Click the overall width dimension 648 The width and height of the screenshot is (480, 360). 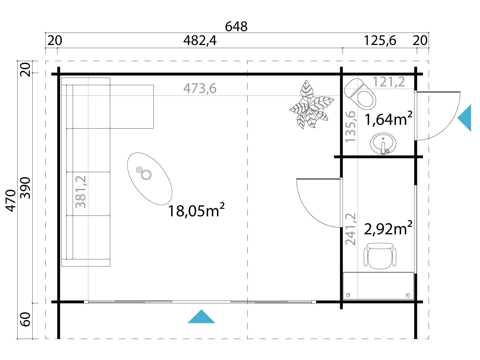pyautogui.click(x=236, y=27)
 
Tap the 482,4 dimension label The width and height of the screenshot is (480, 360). pyautogui.click(x=200, y=40)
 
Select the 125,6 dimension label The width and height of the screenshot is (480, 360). pyautogui.click(x=380, y=40)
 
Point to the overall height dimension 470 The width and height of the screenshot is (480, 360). pyautogui.click(x=11, y=200)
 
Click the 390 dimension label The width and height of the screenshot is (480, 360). pyautogui.click(x=25, y=188)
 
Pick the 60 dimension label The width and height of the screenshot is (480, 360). pyautogui.click(x=25, y=319)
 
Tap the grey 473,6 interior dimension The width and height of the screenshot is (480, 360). pyautogui.click(x=200, y=88)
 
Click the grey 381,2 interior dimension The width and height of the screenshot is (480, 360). pyautogui.click(x=81, y=192)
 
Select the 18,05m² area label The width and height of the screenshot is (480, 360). pyautogui.click(x=196, y=210)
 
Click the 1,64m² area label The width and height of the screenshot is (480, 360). pyautogui.click(x=388, y=118)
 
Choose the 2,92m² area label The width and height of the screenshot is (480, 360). pyautogui.click(x=388, y=228)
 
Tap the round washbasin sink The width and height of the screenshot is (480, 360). pyautogui.click(x=383, y=143)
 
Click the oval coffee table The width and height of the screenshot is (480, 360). pyautogui.click(x=149, y=179)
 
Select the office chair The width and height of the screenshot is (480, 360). pyautogui.click(x=380, y=256)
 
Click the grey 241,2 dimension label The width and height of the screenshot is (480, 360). pyautogui.click(x=351, y=229)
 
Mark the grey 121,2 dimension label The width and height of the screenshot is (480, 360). pyautogui.click(x=388, y=82)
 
